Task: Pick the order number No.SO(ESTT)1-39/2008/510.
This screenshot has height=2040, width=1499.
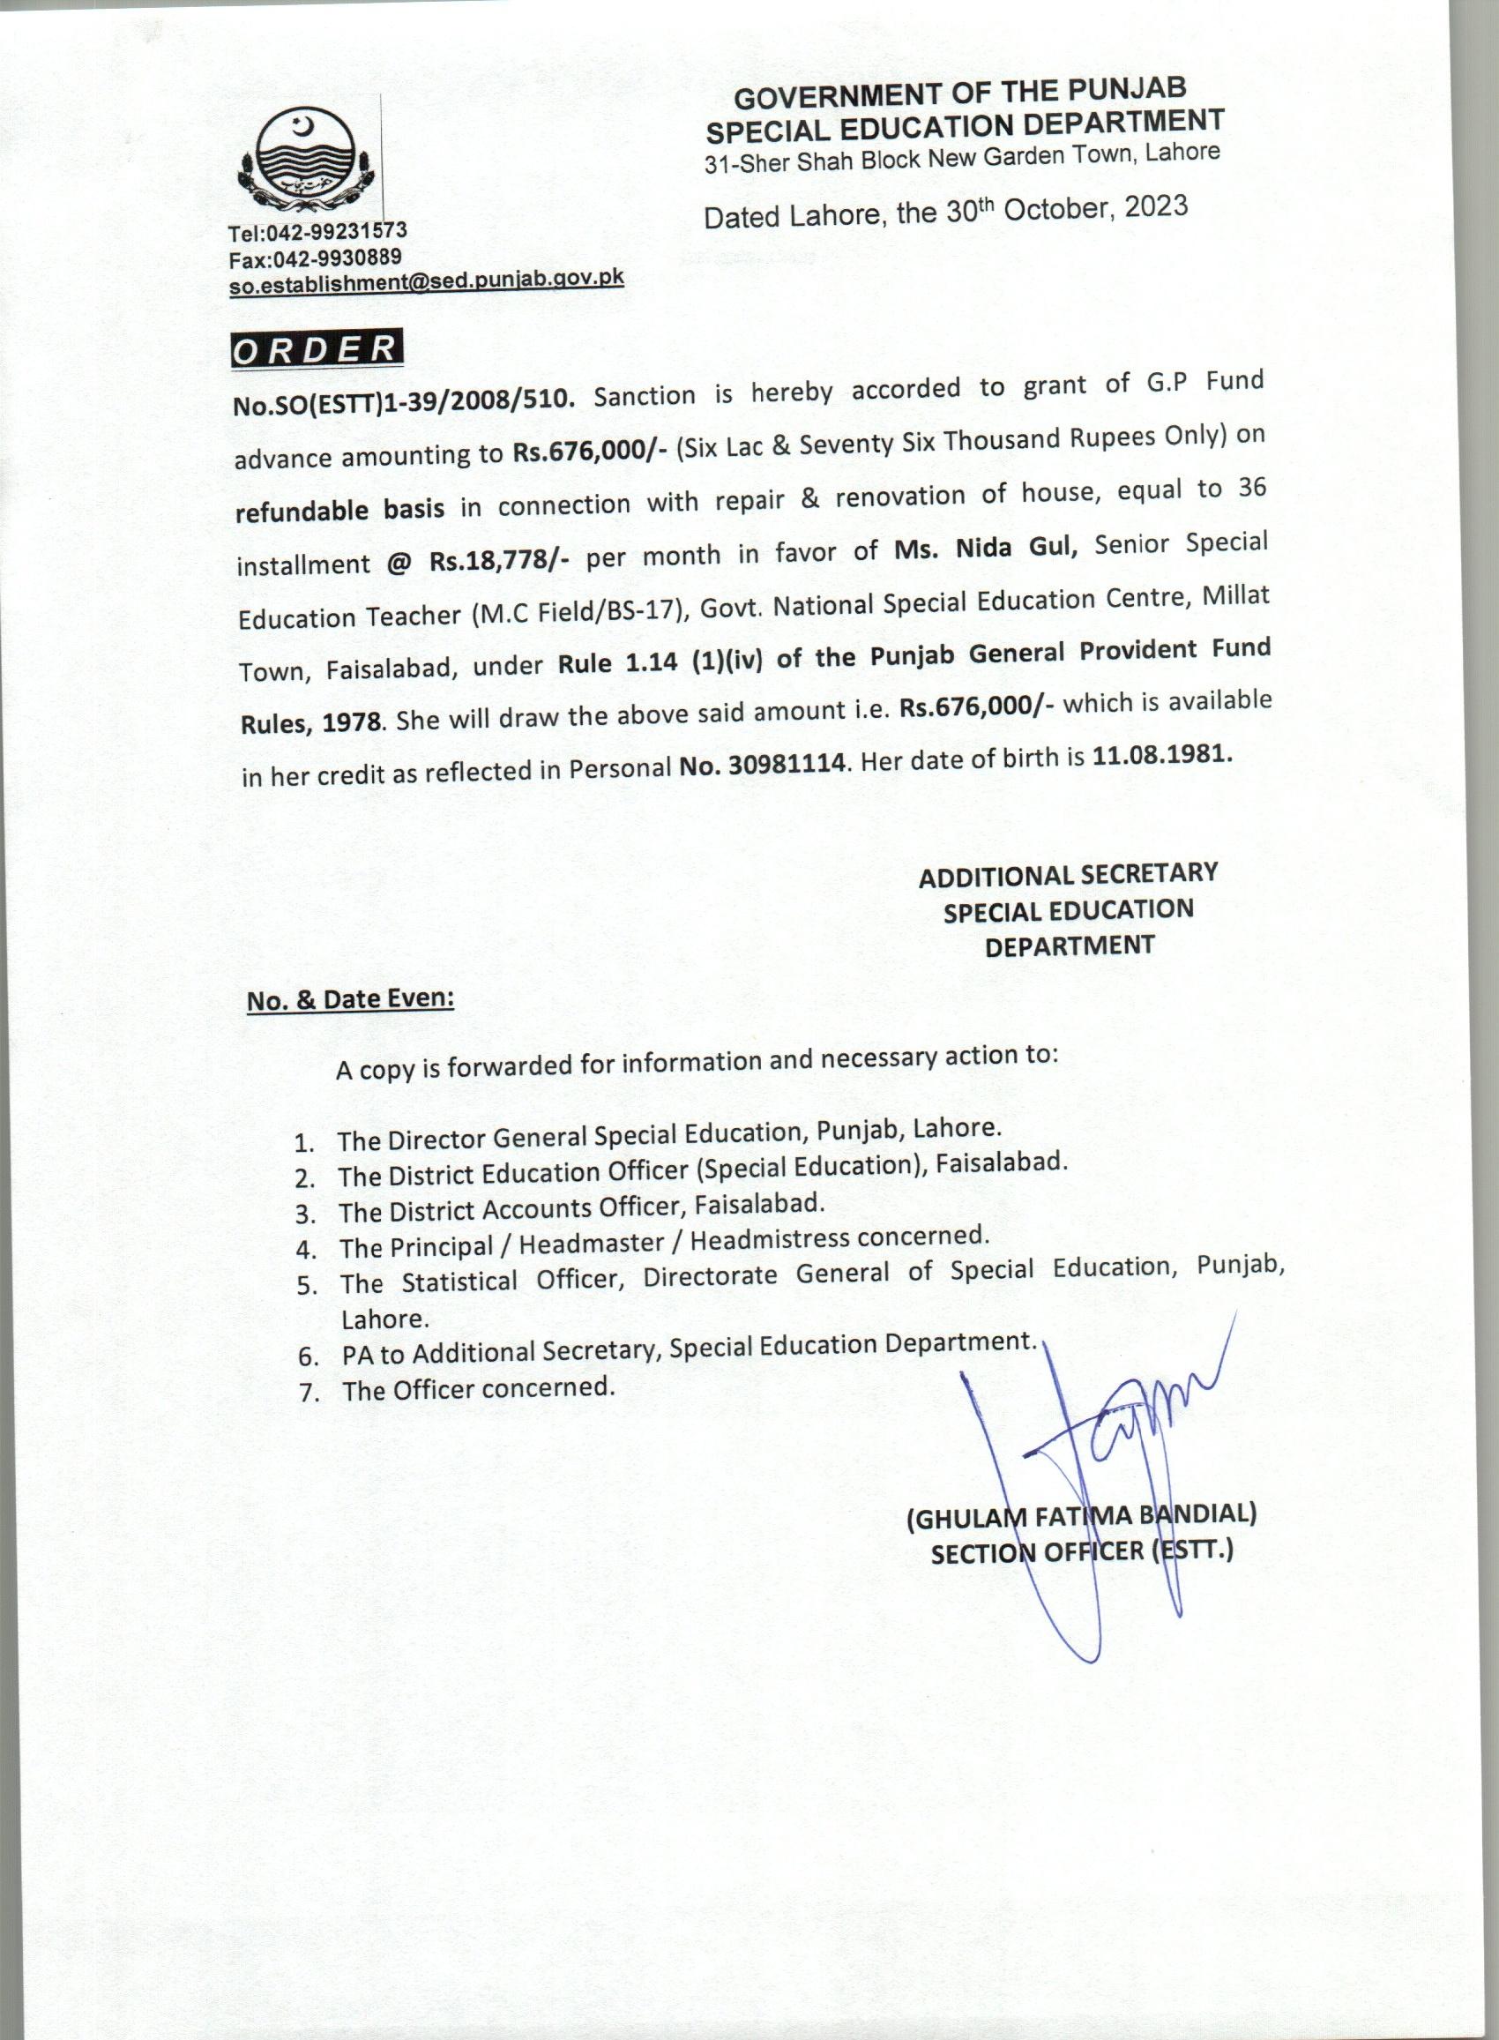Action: (404, 402)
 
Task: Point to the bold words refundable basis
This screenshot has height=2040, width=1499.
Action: (339, 509)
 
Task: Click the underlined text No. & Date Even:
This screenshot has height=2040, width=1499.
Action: (350, 1000)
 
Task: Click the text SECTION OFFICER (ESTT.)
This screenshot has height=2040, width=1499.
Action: (1082, 1552)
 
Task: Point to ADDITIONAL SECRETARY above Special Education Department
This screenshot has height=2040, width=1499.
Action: (1068, 876)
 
